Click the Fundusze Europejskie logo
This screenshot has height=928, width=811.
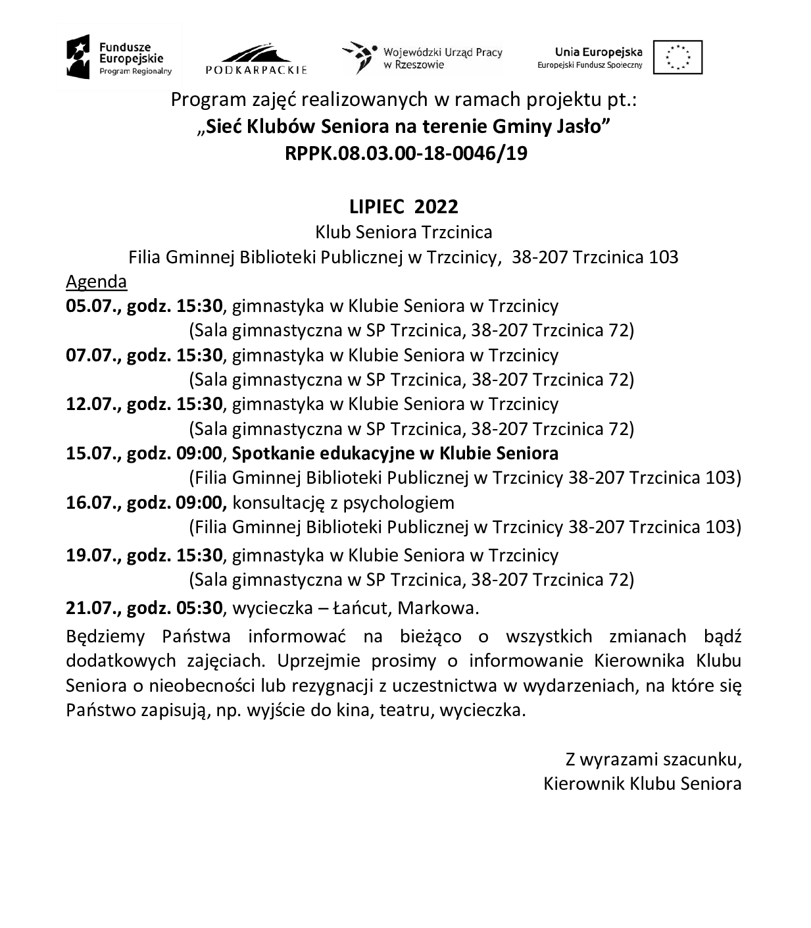119,58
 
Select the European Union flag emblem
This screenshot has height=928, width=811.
677,57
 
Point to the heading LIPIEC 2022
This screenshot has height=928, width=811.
404,207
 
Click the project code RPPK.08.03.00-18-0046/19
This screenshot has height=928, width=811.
406,153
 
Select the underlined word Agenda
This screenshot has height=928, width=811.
96,282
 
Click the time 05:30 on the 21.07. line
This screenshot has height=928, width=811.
199,608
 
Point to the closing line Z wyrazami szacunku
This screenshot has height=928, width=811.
653,760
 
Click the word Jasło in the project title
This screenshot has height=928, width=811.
581,126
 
